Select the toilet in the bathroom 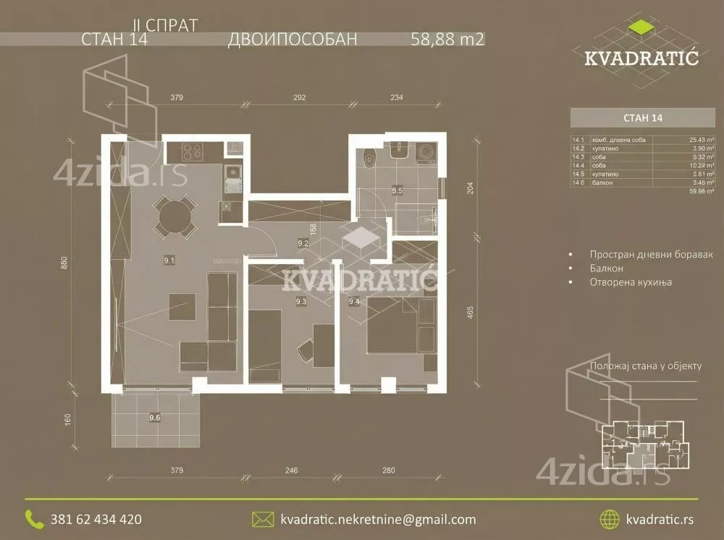coord(370,158)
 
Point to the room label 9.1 coord(168,258)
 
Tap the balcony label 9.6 coord(154,417)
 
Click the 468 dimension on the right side coord(470,313)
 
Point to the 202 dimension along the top coord(300,97)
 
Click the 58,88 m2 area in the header coord(447,40)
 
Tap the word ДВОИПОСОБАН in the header coord(292,40)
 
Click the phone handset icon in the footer coord(34,518)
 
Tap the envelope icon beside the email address coord(261,519)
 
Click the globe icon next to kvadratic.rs coord(610,519)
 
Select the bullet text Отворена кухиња coord(630,282)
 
